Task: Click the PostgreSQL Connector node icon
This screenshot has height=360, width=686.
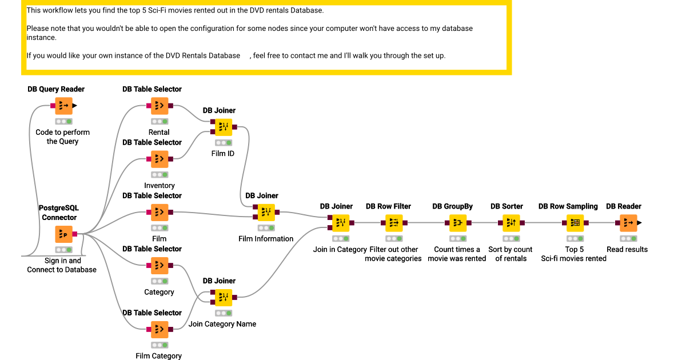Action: (x=64, y=234)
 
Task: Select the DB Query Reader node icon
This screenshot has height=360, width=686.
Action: (x=64, y=106)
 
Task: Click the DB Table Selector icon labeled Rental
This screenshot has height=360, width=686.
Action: (x=159, y=106)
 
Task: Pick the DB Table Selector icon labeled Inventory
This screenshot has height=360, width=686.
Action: (x=159, y=159)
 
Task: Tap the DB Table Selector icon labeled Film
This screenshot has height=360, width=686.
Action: (x=159, y=213)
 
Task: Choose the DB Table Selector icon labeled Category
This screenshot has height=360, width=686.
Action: (x=159, y=266)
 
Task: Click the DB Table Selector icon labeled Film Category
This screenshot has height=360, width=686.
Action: (x=159, y=330)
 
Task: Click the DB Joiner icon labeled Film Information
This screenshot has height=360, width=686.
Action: (x=266, y=213)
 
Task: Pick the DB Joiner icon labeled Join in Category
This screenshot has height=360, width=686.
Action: (x=341, y=223)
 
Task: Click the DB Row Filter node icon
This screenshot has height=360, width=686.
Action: (x=394, y=223)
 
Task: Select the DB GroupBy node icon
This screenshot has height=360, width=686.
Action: (x=457, y=223)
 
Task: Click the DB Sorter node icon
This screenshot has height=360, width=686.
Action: (x=511, y=223)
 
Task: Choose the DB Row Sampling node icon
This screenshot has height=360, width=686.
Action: (x=575, y=223)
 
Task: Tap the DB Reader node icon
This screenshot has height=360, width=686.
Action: (x=628, y=223)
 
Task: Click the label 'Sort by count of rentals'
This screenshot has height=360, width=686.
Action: (x=510, y=254)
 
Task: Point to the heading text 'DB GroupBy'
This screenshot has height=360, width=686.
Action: (x=452, y=206)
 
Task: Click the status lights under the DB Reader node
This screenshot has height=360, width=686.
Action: (x=628, y=238)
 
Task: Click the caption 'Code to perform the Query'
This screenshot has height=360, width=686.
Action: (x=62, y=137)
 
